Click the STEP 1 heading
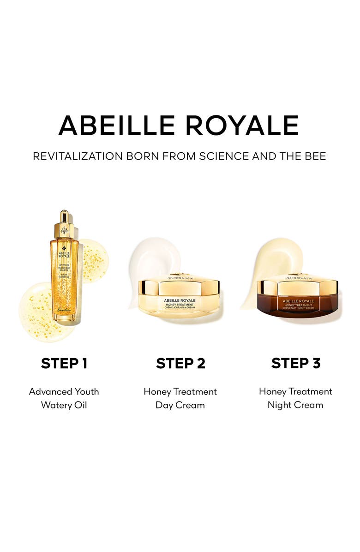point(64,363)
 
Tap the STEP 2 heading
point(180,363)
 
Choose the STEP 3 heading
point(295,363)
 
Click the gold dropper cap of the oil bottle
point(64,224)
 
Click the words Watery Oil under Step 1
point(64,405)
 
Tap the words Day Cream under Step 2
point(180,405)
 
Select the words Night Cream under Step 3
point(295,405)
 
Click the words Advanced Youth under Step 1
point(64,391)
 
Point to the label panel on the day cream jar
point(179,302)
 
